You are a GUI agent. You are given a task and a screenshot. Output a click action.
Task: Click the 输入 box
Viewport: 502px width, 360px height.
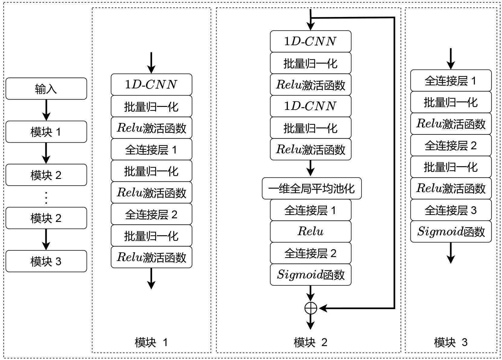pyautogui.click(x=46, y=89)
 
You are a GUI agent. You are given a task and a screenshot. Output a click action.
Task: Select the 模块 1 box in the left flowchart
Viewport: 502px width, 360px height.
pyautogui.click(x=46, y=132)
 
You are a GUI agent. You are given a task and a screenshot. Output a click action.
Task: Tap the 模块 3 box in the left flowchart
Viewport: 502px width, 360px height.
pyautogui.click(x=46, y=261)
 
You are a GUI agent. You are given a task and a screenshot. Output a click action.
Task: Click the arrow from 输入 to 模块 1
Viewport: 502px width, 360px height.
pyautogui.click(x=46, y=110)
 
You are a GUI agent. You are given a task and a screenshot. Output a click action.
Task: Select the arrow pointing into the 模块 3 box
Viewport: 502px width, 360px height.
pyautogui.click(x=46, y=239)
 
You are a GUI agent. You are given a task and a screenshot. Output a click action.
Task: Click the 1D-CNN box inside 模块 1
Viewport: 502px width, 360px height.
pyautogui.click(x=151, y=84)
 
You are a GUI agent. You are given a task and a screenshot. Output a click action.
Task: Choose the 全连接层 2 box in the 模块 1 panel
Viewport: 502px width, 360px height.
pyautogui.click(x=151, y=214)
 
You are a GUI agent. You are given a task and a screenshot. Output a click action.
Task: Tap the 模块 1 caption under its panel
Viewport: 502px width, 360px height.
pyautogui.click(x=151, y=342)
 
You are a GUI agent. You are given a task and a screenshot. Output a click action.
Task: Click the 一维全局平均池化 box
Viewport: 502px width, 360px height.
pyautogui.click(x=311, y=188)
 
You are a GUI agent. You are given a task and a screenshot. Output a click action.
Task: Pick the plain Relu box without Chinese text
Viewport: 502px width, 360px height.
pyautogui.click(x=311, y=232)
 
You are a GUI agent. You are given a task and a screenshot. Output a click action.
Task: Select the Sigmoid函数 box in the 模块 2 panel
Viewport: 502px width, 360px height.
pyautogui.click(x=311, y=275)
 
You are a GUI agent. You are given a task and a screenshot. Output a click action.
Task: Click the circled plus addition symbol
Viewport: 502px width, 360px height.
pyautogui.click(x=311, y=308)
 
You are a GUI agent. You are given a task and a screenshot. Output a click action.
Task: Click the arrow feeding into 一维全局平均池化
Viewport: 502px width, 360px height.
pyautogui.click(x=311, y=168)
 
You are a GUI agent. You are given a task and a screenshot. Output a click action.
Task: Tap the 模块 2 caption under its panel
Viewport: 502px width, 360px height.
pyautogui.click(x=311, y=342)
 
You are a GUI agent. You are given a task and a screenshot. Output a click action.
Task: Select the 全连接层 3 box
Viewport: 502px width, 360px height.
pyautogui.click(x=451, y=210)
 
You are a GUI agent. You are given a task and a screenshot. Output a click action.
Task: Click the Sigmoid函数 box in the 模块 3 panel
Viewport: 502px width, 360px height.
pyautogui.click(x=451, y=232)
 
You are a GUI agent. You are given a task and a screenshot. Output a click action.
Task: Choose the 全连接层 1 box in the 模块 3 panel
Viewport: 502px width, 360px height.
pyautogui.click(x=451, y=81)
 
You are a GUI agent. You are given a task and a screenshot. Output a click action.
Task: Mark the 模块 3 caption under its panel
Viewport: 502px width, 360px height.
pyautogui.click(x=451, y=342)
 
